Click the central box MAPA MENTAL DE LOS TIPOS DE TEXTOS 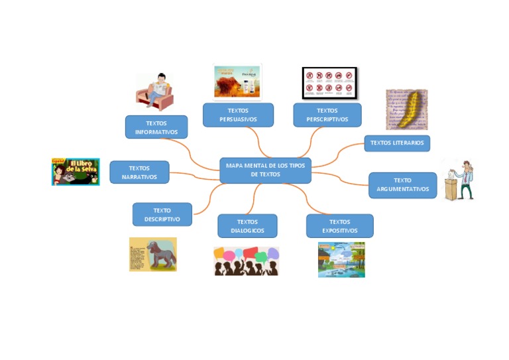point(265,170)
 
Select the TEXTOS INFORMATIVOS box point(156,127)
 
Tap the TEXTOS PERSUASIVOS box point(238,115)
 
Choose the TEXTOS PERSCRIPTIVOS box point(327,115)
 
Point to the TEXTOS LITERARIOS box point(397,143)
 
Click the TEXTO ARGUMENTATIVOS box point(402,185)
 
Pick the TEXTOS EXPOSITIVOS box point(339,226)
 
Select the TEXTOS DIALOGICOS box point(247,226)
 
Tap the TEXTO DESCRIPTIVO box point(162,215)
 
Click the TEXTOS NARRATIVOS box point(139,172)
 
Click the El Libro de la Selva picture point(76,171)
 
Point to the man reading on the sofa point(155,91)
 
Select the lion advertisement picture point(237,82)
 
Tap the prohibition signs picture point(329,82)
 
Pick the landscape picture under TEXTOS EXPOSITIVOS point(341,259)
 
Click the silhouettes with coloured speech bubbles point(246,261)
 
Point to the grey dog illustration point(153,255)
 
